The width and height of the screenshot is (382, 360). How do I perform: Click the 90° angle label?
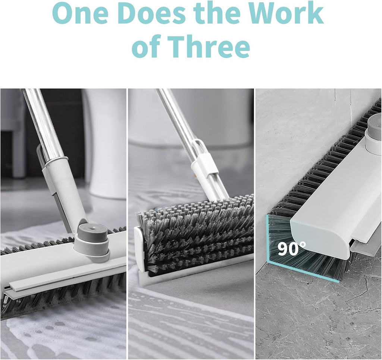click(291, 249)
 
